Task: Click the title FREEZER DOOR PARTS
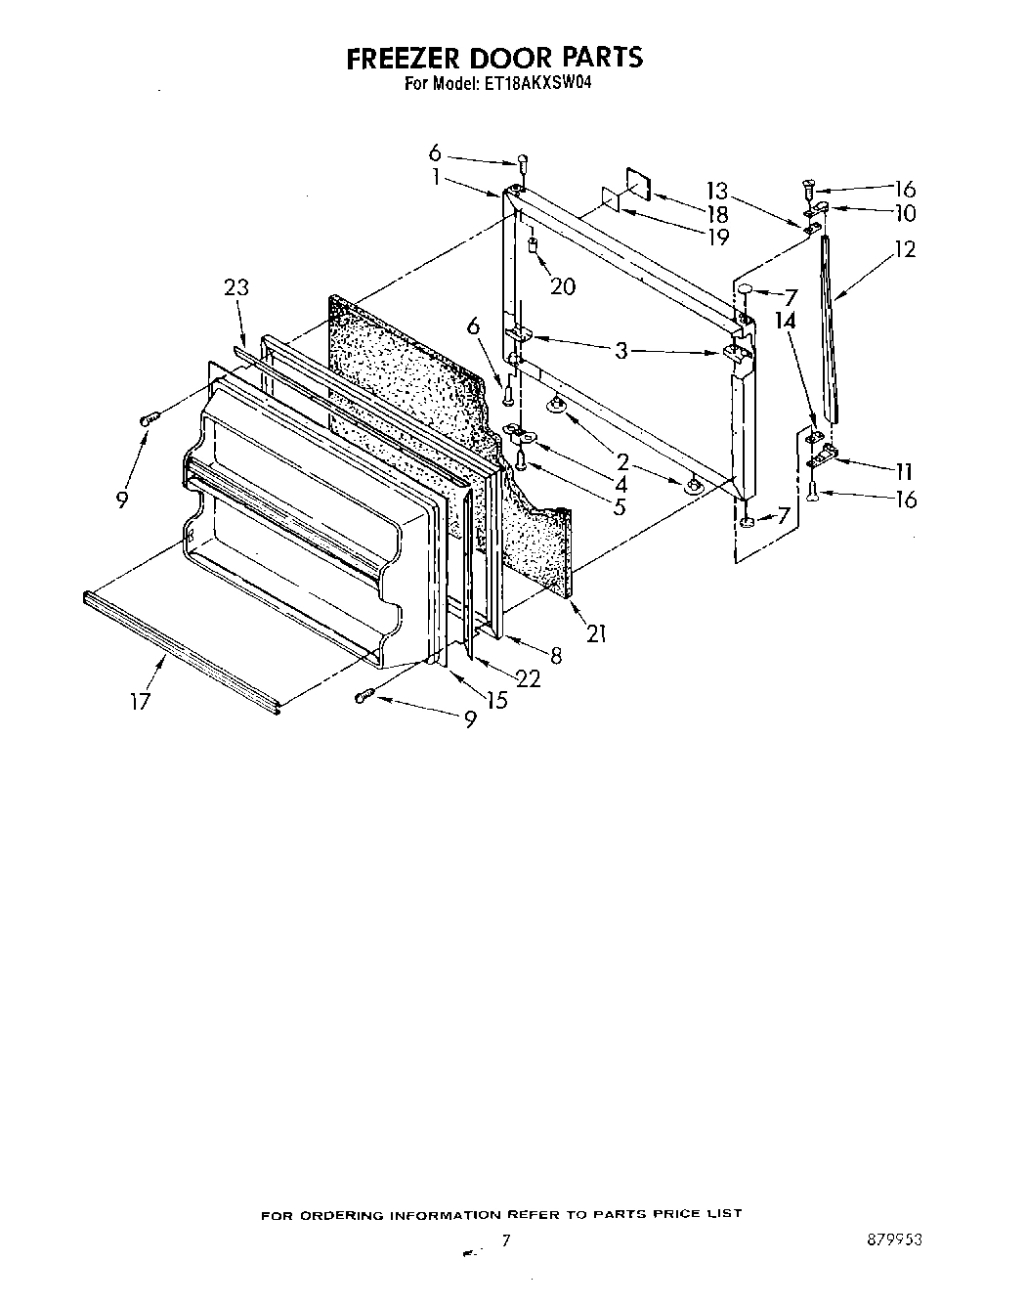tap(495, 58)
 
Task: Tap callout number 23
tap(235, 287)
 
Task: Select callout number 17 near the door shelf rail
tap(142, 701)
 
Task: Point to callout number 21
tap(596, 633)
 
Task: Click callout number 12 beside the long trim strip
tap(905, 249)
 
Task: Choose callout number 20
tap(563, 286)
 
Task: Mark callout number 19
tap(717, 237)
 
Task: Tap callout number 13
tap(718, 190)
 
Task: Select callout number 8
tap(556, 656)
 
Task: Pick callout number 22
tap(528, 678)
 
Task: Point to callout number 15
tap(497, 700)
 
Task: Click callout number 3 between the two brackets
tap(621, 351)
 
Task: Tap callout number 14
tap(786, 320)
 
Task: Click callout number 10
tap(904, 213)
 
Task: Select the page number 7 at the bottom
tap(506, 1240)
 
